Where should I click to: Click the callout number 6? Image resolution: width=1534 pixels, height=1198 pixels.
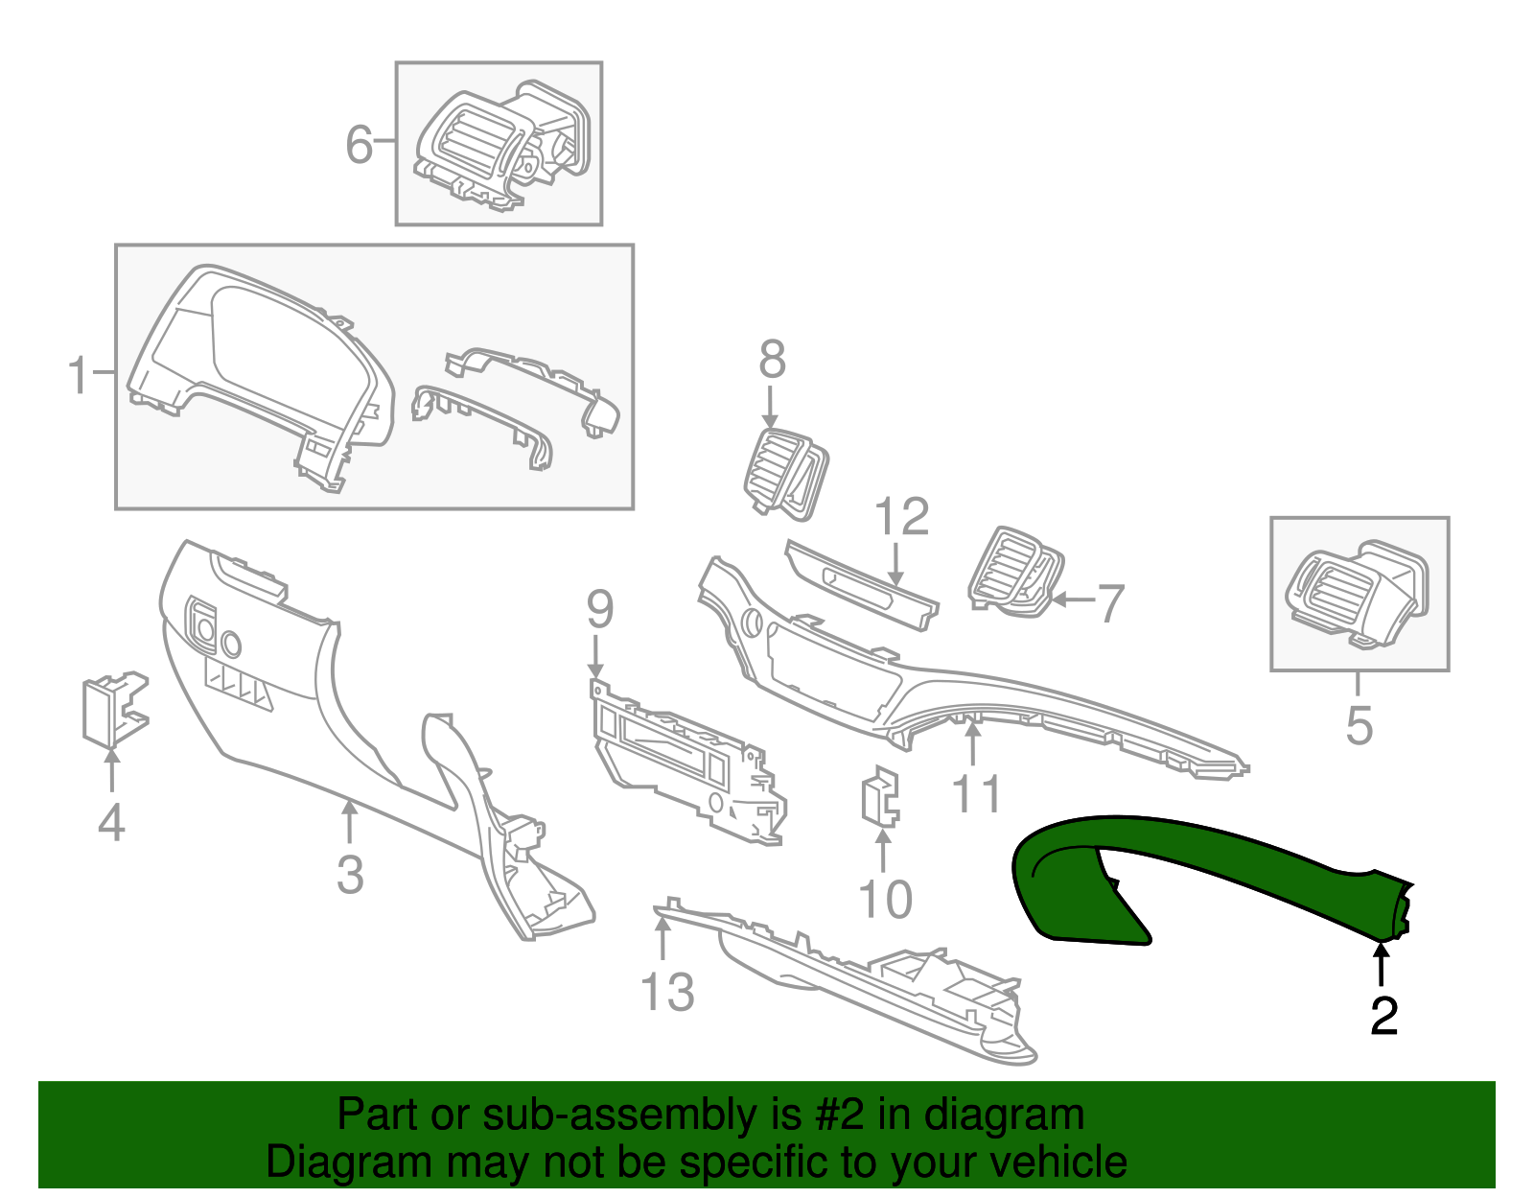[359, 145]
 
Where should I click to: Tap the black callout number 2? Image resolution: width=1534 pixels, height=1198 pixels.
[1383, 1016]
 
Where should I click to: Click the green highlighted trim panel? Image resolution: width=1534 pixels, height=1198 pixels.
[1198, 868]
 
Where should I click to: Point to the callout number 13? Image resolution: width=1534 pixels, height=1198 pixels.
[667, 992]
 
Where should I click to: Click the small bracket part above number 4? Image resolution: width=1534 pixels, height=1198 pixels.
[113, 711]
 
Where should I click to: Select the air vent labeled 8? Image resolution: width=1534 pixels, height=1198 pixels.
[784, 474]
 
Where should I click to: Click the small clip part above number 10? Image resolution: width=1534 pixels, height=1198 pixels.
[881, 796]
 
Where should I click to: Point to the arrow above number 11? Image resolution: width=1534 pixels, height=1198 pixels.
[973, 742]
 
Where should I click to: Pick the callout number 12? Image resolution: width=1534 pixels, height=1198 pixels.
[902, 517]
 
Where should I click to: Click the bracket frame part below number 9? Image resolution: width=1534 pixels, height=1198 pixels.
[686, 763]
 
